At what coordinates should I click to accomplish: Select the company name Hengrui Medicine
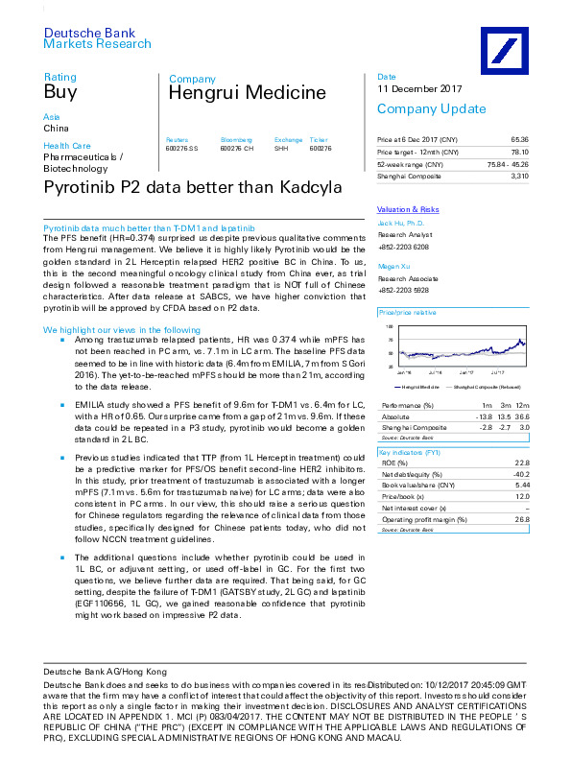click(247, 93)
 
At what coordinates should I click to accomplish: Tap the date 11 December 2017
click(419, 89)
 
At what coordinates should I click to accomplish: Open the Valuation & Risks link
click(408, 209)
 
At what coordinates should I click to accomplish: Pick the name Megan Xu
click(394, 268)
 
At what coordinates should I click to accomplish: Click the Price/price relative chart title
click(408, 313)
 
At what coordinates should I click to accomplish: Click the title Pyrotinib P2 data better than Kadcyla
click(192, 188)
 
